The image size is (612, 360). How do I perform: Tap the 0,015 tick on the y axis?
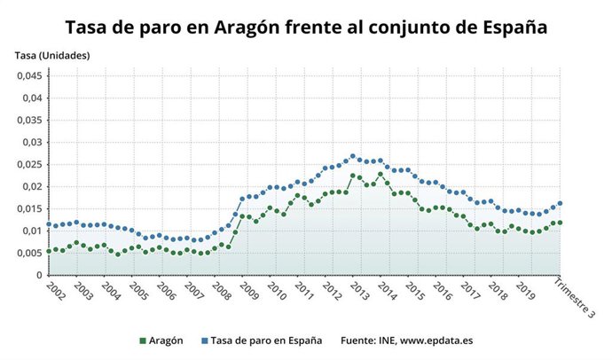tap(29, 208)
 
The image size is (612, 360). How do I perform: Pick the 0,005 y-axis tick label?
tap(29, 253)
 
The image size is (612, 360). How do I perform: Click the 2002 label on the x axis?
tap(52, 291)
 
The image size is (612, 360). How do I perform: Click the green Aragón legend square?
tap(143, 340)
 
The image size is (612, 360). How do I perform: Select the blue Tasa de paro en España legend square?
tap(203, 340)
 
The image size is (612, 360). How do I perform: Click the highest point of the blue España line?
tap(352, 156)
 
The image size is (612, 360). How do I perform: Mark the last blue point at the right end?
tap(560, 203)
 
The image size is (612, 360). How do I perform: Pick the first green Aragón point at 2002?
tap(49, 251)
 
